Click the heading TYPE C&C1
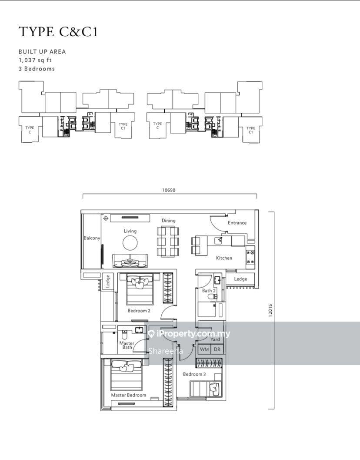(x=58, y=32)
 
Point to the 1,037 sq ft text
(x=35, y=60)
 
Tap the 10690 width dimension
(x=169, y=190)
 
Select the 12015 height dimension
(x=270, y=310)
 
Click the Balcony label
(x=92, y=238)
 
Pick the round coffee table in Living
(x=130, y=243)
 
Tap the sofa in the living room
(x=130, y=261)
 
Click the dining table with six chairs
(x=168, y=242)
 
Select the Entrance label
(x=237, y=223)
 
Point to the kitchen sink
(x=218, y=240)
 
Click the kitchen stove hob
(x=250, y=257)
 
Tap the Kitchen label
(x=224, y=258)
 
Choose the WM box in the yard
(x=204, y=349)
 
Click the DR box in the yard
(x=217, y=349)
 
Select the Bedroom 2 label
(x=139, y=311)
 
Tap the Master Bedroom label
(x=128, y=395)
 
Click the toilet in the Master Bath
(x=124, y=334)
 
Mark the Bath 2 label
(x=209, y=291)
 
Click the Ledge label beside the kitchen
(x=240, y=279)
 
